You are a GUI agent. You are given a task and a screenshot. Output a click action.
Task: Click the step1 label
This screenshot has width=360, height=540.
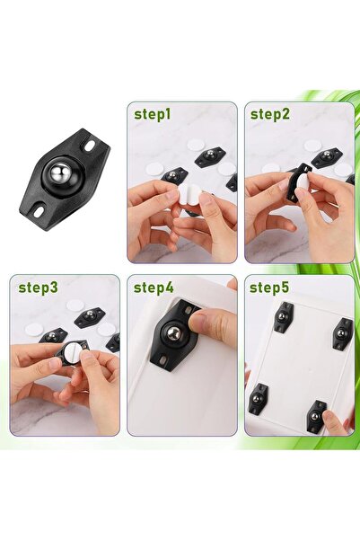[153, 114]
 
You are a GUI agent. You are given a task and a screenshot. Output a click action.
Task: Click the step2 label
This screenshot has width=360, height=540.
[269, 114]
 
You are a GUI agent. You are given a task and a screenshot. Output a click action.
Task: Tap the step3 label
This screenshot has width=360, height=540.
[37, 288]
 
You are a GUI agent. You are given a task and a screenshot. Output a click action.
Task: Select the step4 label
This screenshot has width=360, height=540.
[154, 288]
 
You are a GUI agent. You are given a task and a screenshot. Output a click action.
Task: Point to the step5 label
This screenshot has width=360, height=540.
[269, 288]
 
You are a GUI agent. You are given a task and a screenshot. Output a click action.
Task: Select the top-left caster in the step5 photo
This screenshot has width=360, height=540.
[283, 317]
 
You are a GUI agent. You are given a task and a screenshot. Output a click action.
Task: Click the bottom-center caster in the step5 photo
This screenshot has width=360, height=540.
[316, 415]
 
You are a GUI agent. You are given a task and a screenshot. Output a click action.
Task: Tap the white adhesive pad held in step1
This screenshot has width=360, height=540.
[189, 196]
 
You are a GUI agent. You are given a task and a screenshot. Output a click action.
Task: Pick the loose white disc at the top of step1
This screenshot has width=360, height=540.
[195, 144]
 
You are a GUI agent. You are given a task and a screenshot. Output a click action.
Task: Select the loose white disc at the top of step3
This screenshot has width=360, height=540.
[75, 305]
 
